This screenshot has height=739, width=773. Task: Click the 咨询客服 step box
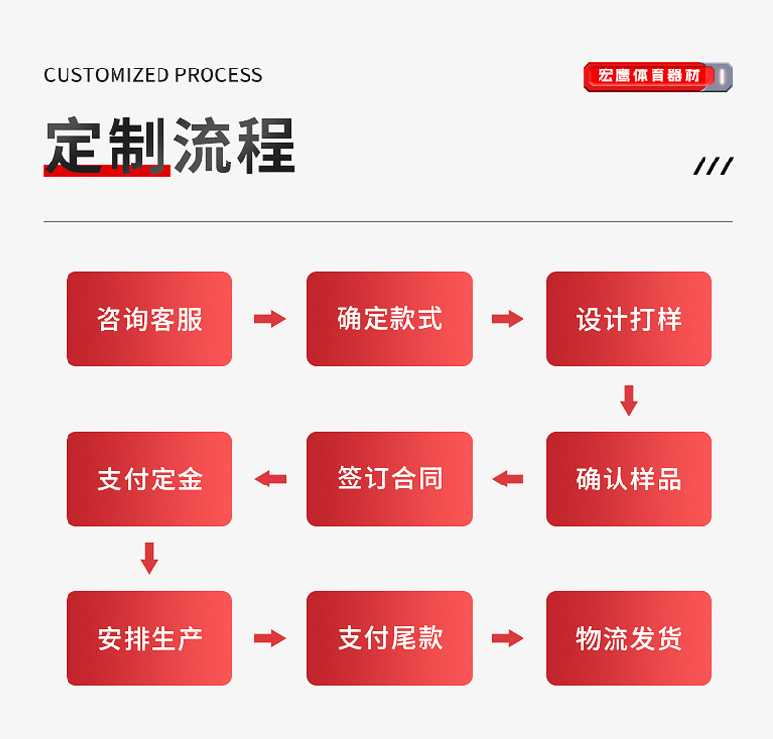tap(149, 319)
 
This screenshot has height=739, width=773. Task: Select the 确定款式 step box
tap(389, 319)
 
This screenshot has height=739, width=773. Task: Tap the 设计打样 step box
tap(628, 319)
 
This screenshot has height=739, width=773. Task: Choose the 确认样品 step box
tap(628, 479)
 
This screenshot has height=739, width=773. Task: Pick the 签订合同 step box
tap(389, 479)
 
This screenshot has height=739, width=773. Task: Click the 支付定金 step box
tap(149, 479)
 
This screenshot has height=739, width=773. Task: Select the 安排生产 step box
tap(149, 638)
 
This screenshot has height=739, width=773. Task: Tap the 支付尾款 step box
tap(389, 638)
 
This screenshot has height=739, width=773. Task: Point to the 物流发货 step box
tap(628, 638)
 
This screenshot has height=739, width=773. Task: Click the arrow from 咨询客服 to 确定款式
tap(269, 319)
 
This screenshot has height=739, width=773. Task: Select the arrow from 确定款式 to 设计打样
tap(507, 319)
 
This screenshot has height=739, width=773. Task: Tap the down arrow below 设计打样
tap(629, 399)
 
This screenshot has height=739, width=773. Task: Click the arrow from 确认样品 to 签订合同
tap(508, 479)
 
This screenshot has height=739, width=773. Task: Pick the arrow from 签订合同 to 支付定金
tap(270, 479)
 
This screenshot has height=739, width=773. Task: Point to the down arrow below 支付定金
tap(149, 558)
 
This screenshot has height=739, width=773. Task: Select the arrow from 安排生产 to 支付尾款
tap(269, 638)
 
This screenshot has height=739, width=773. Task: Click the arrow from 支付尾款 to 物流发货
tap(507, 638)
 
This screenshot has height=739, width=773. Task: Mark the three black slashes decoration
tap(712, 166)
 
